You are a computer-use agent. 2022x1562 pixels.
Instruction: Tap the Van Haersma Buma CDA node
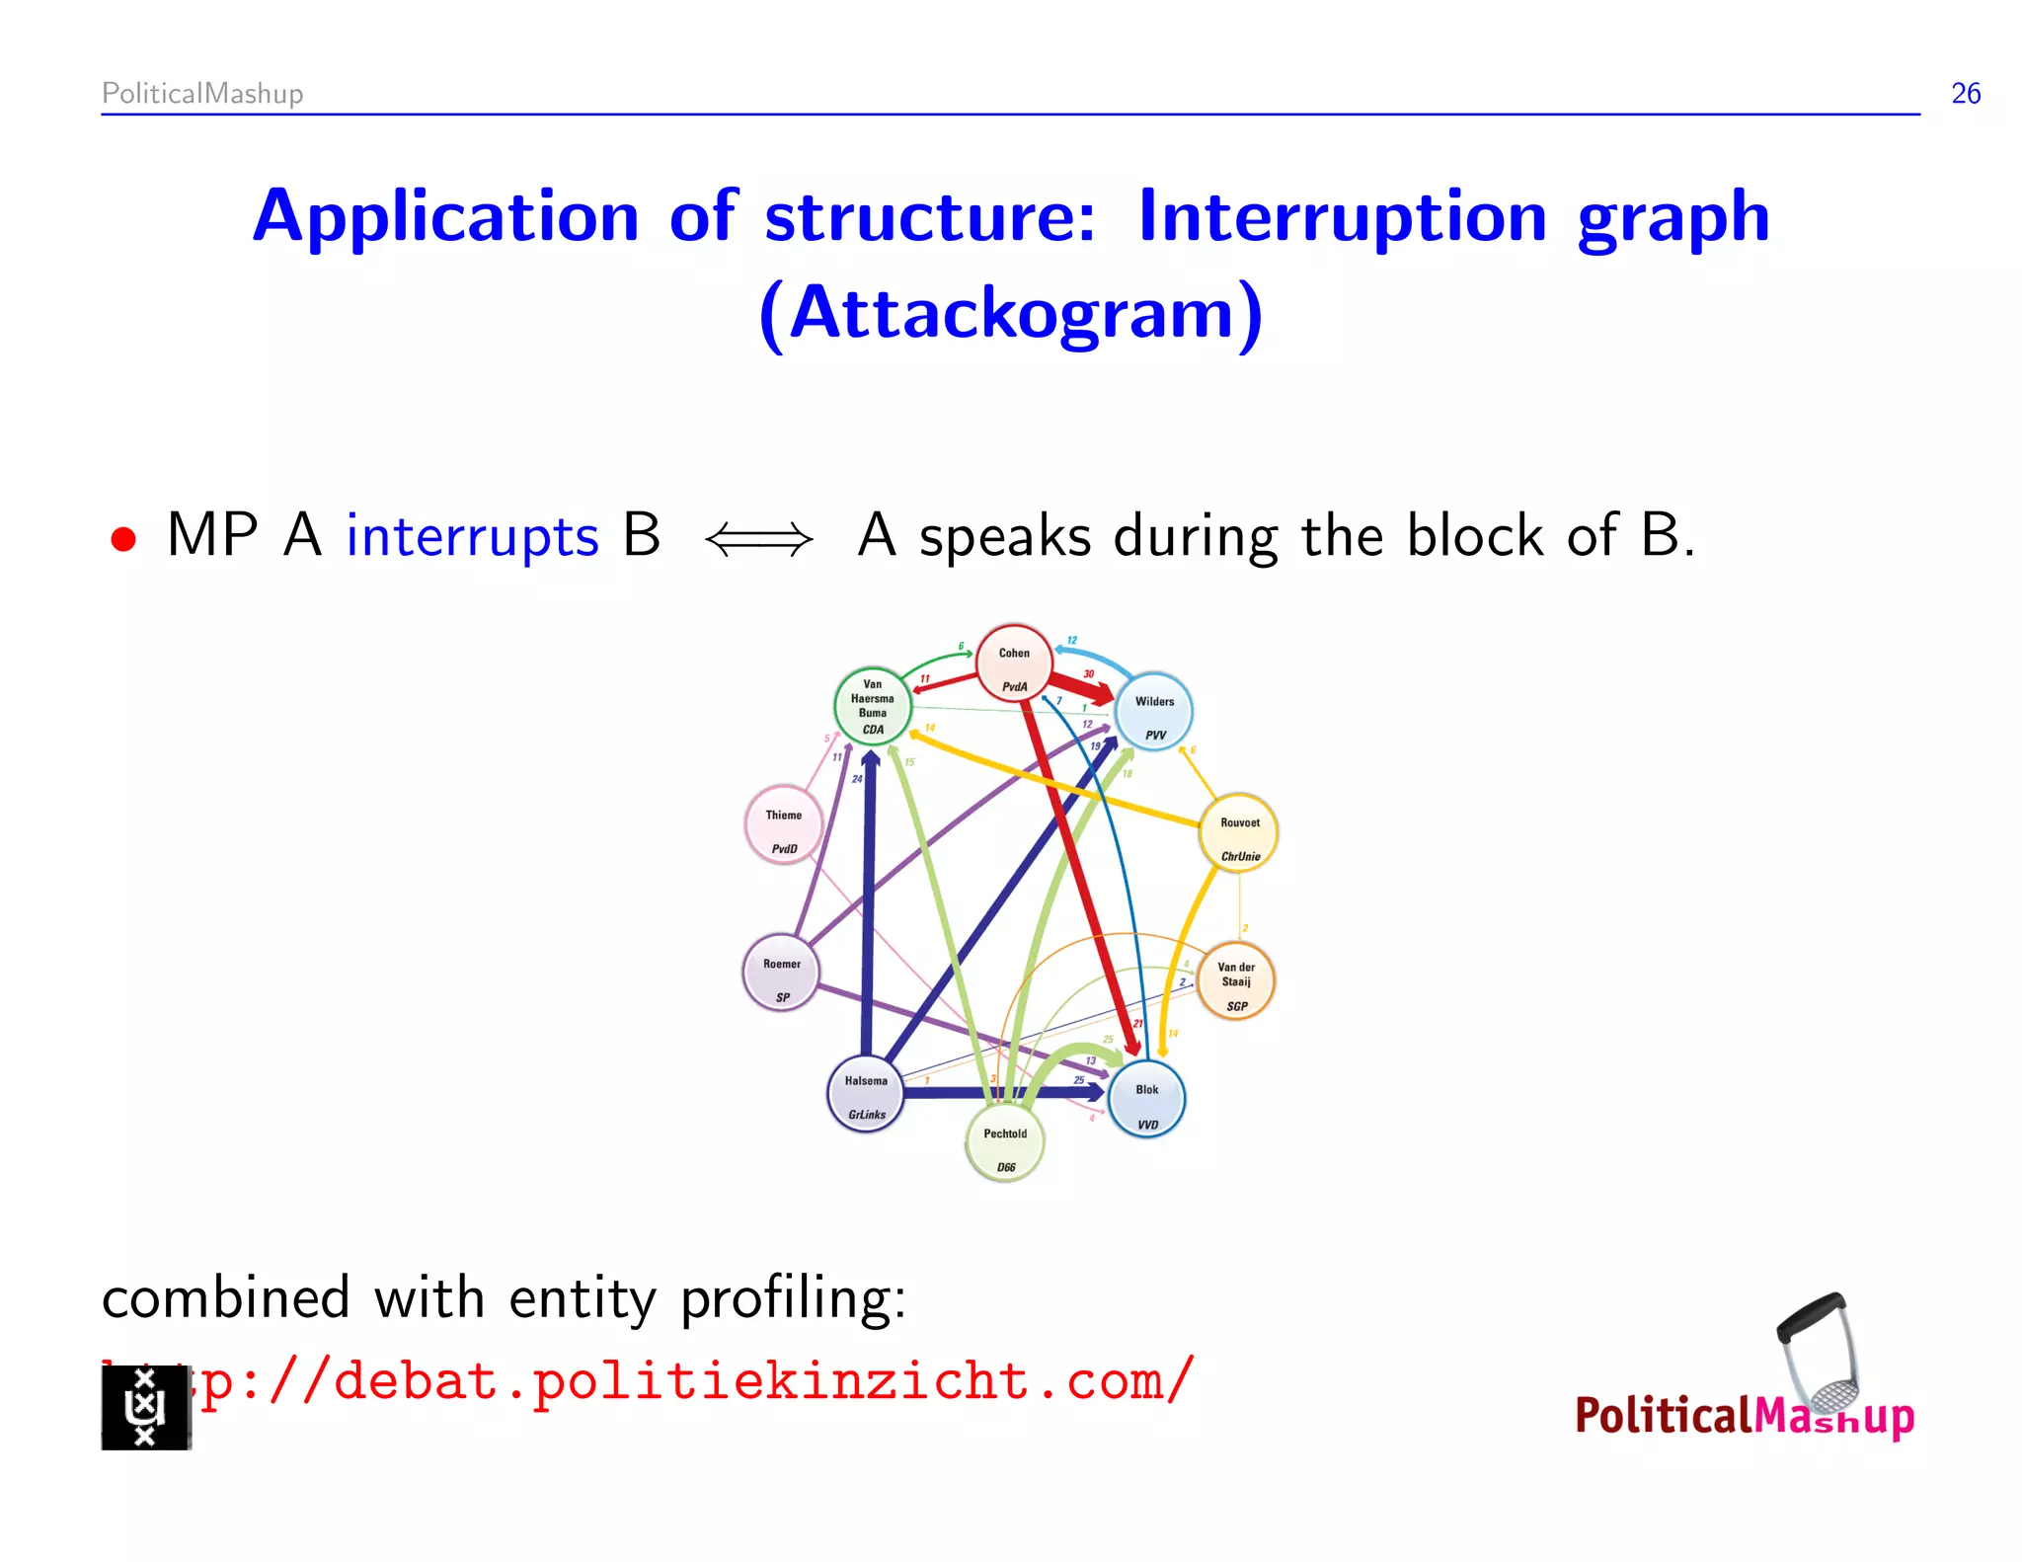click(873, 705)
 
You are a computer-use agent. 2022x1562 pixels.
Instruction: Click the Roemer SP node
click(781, 974)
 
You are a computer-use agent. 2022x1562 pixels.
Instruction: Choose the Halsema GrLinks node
click(866, 1094)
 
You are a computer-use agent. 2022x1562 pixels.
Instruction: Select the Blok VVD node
click(1146, 1100)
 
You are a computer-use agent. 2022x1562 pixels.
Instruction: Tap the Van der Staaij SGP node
click(1236, 981)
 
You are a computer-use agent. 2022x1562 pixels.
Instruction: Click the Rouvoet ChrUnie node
click(1239, 833)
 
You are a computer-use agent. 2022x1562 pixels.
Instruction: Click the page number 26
click(1965, 94)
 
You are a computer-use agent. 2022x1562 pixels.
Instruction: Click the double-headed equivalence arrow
click(759, 539)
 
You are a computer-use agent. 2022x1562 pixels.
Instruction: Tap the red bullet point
click(123, 539)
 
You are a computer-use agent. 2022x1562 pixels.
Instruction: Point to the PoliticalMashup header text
click(202, 94)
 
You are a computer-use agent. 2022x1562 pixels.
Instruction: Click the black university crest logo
click(145, 1406)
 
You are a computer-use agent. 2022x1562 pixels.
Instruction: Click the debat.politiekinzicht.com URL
click(691, 1380)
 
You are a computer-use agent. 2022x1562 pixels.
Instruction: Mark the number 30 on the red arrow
click(1088, 674)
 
